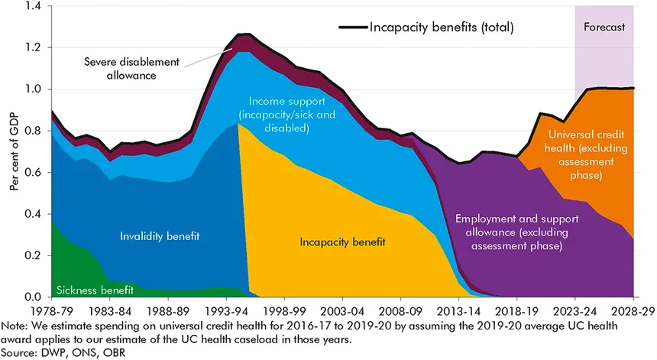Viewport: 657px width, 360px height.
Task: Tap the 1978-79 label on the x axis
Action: coord(51,312)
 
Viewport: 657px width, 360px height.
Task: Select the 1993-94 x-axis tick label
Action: coord(226,312)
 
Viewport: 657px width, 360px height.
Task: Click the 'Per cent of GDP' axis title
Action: coord(15,151)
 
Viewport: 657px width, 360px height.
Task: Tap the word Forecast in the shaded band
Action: coord(604,28)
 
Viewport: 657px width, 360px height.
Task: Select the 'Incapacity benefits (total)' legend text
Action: coord(442,28)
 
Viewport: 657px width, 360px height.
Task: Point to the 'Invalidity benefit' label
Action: coord(159,236)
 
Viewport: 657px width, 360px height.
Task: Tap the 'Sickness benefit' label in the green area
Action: coord(95,290)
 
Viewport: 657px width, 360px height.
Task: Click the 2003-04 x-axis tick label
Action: coord(342,312)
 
